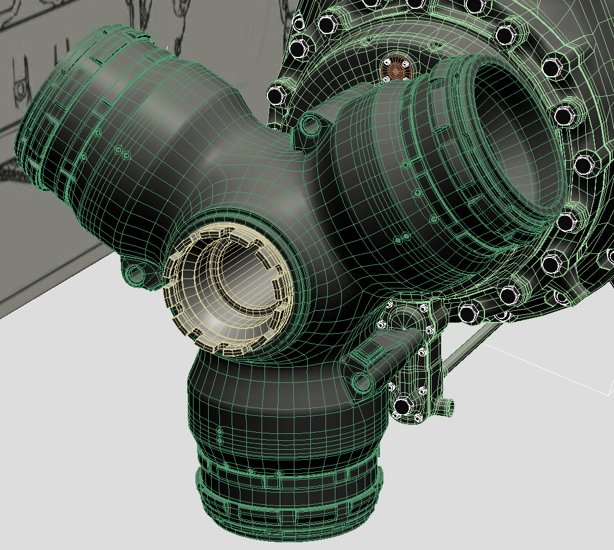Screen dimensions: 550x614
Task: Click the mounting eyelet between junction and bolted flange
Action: pos(311,124)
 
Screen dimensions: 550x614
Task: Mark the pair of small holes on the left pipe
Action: pos(121,152)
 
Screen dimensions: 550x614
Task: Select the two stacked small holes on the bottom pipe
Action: pos(220,434)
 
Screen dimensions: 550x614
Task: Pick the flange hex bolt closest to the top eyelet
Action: pos(277,94)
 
